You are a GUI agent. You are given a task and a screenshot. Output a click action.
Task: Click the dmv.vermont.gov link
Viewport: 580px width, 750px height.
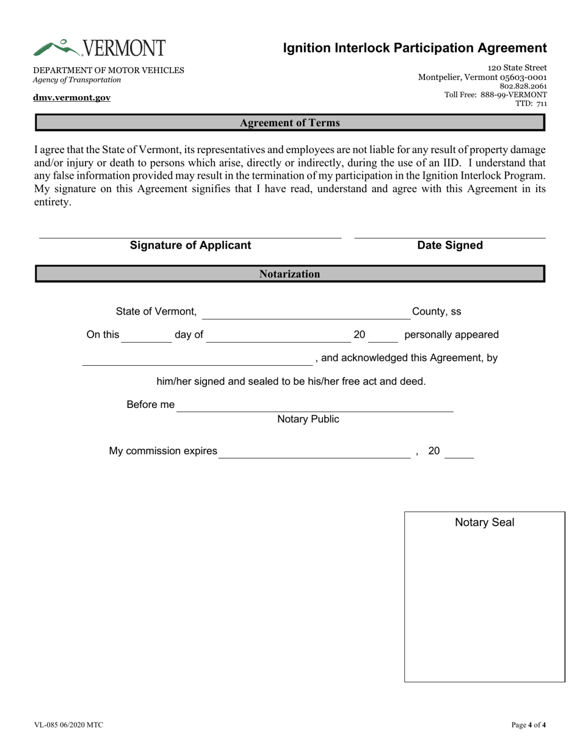click(x=72, y=98)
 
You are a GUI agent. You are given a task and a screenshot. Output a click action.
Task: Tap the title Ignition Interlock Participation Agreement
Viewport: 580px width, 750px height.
click(x=415, y=48)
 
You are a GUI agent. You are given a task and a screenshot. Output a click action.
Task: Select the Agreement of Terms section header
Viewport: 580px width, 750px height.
click(x=289, y=123)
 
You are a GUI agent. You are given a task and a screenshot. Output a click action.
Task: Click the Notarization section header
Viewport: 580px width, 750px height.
click(x=289, y=274)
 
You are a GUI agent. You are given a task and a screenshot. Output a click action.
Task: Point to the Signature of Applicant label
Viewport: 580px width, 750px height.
click(x=190, y=245)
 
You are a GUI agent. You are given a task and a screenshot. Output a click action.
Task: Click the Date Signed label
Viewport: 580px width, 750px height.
click(x=450, y=245)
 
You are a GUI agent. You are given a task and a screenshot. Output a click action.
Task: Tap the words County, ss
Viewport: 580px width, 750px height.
click(x=437, y=312)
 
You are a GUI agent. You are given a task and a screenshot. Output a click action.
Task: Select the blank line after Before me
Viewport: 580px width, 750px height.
click(x=314, y=407)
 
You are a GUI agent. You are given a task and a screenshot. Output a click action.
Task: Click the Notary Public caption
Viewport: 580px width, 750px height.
click(x=308, y=420)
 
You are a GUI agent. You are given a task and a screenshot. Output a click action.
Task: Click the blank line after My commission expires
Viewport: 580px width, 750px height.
click(x=314, y=453)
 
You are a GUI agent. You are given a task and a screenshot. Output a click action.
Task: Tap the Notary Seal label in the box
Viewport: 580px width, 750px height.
click(x=485, y=523)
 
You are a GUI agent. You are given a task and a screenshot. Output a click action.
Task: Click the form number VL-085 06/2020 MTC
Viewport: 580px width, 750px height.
click(x=68, y=725)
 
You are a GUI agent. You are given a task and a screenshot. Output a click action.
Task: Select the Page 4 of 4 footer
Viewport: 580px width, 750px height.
click(x=528, y=725)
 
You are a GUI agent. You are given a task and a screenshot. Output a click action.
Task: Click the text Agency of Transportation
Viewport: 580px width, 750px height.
click(x=77, y=80)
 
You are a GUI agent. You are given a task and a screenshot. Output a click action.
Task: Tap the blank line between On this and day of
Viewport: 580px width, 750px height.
click(x=147, y=337)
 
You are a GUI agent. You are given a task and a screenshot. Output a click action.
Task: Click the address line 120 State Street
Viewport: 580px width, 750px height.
click(x=517, y=68)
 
